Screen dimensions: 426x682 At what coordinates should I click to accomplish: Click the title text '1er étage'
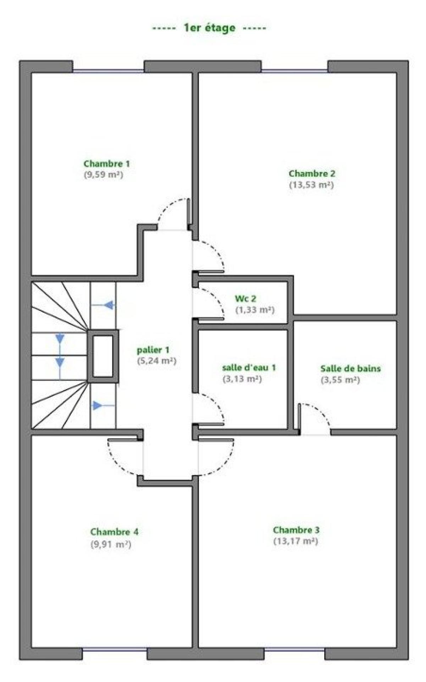pos(209,28)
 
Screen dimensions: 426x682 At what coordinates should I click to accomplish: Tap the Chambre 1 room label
pos(106,164)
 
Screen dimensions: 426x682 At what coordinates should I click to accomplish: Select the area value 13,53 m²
pos(311,185)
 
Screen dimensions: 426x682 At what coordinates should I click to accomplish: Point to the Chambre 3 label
pos(296,530)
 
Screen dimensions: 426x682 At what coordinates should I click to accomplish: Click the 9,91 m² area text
pos(111,544)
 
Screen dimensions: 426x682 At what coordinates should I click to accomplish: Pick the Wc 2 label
pos(245,299)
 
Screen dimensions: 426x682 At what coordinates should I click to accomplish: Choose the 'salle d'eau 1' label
pos(249,367)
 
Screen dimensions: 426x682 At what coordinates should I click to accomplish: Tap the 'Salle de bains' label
pos(350,368)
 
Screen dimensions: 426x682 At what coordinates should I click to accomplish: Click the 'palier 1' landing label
pos(153,350)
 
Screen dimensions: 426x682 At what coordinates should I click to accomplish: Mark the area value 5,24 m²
pos(157,361)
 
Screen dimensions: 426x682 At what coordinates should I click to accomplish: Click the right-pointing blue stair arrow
pos(103,405)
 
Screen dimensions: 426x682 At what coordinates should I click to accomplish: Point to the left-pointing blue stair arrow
pos(103,305)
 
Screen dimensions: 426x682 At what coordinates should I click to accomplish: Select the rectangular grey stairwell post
pos(103,356)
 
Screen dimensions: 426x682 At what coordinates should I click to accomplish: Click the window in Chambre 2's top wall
pos(295,71)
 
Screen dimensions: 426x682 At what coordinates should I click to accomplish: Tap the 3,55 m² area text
pos(341,380)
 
